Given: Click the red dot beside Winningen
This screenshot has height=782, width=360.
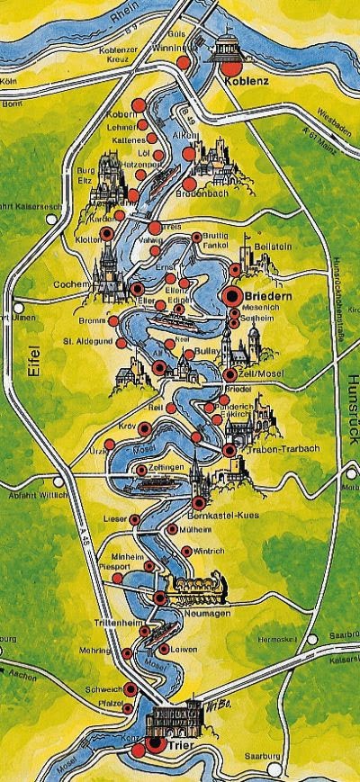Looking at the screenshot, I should (184, 63).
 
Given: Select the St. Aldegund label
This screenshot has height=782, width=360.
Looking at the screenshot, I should (86, 341).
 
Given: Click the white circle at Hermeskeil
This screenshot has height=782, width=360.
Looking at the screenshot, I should (312, 640).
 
